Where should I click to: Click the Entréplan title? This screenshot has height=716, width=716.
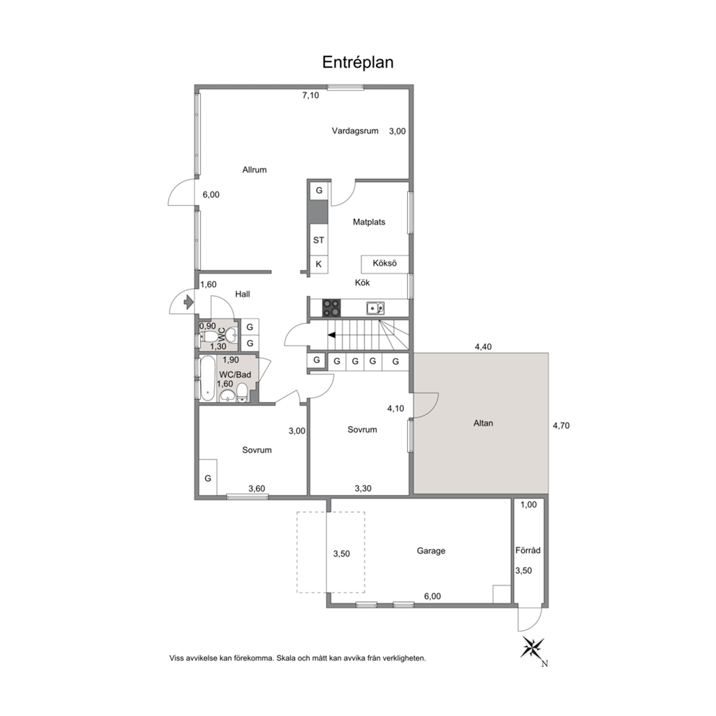click(x=357, y=62)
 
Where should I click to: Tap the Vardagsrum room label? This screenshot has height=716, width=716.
click(x=355, y=131)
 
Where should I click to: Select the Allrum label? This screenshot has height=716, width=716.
click(x=254, y=170)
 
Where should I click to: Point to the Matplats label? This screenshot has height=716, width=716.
click(x=369, y=222)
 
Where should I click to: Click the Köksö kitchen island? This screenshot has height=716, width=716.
click(x=385, y=264)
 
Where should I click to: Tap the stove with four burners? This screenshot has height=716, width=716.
click(x=331, y=307)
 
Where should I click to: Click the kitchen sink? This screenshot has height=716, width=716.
click(x=375, y=308)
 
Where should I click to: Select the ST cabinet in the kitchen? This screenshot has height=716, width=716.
click(x=319, y=240)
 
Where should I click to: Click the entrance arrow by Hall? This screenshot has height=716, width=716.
click(x=188, y=302)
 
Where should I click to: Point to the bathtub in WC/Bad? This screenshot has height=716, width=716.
click(x=208, y=378)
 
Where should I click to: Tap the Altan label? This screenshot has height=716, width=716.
click(x=483, y=423)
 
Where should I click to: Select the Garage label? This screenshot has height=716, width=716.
click(x=431, y=551)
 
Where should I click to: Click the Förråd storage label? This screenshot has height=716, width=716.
click(x=528, y=550)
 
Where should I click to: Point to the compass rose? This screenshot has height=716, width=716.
click(x=533, y=647)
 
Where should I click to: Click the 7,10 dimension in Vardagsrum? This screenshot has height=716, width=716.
click(x=310, y=95)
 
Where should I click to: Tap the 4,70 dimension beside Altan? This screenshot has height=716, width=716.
click(x=562, y=426)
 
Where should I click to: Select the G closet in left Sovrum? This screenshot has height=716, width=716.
click(x=208, y=477)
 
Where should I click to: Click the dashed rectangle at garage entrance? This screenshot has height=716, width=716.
click(x=331, y=553)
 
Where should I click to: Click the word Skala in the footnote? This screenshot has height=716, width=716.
click(x=285, y=658)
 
